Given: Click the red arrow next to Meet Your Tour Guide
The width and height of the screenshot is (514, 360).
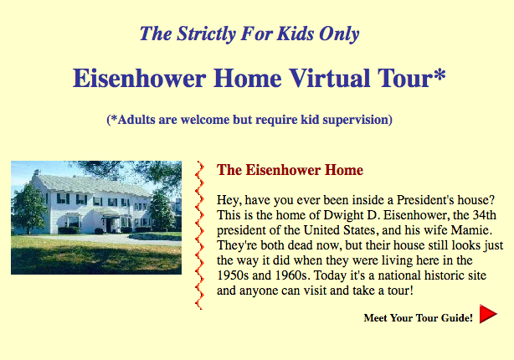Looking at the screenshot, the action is click(488, 314).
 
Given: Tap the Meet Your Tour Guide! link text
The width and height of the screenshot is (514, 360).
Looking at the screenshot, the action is click(419, 317).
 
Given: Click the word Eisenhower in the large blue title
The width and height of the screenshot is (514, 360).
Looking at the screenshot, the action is click(139, 78).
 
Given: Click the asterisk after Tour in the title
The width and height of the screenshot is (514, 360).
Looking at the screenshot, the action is click(439, 75).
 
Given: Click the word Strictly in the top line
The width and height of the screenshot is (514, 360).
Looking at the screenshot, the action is click(206, 34).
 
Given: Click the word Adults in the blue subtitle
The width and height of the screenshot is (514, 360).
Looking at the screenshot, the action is click(136, 120).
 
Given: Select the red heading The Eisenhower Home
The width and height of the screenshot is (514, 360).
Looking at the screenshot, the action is click(290, 170).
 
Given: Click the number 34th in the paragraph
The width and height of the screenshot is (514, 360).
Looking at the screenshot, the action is click(484, 215).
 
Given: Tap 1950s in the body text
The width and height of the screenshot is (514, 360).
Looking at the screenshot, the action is click(233, 275).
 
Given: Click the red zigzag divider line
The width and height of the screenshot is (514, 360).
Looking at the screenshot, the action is click(199, 235).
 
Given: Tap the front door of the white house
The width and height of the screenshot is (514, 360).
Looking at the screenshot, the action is click(109, 225).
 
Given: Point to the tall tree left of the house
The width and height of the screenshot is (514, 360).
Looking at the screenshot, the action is click(28, 208).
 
